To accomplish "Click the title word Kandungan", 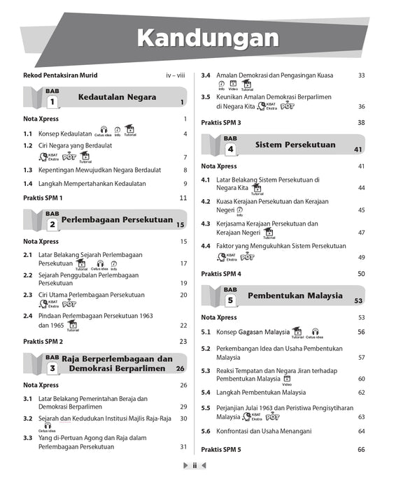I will click(x=207, y=38).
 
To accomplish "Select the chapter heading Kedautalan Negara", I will click(x=117, y=96).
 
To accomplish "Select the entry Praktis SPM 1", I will click(x=43, y=198).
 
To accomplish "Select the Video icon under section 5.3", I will click(x=287, y=379).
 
